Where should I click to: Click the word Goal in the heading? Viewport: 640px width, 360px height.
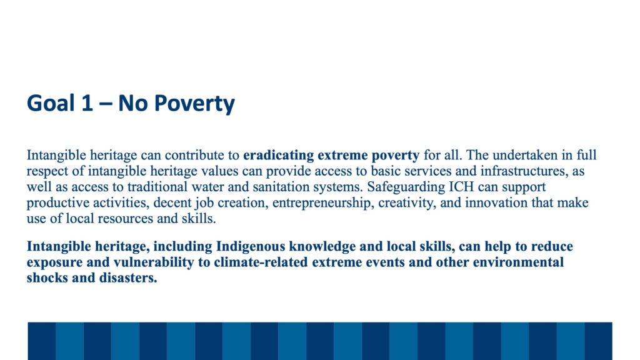point(51,103)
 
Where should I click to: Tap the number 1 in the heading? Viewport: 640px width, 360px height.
point(87,103)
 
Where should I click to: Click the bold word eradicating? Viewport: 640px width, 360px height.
point(278,155)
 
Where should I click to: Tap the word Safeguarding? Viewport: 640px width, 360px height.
point(406,187)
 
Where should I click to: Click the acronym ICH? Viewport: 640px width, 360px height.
point(461,186)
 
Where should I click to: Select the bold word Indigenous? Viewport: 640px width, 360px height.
point(251,246)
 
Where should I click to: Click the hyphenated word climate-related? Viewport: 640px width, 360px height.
point(261,262)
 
